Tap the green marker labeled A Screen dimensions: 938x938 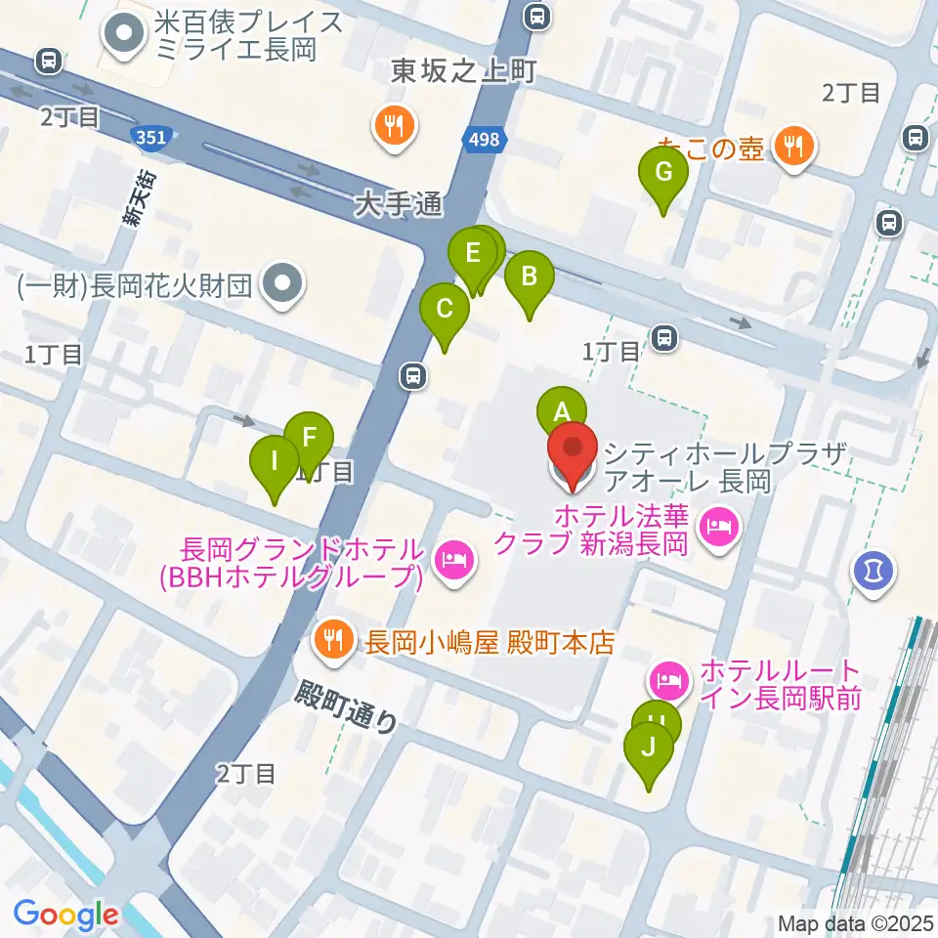(561, 412)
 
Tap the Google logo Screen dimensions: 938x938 (65, 916)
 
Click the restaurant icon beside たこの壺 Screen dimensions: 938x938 (792, 147)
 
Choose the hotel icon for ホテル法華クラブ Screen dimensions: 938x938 (719, 529)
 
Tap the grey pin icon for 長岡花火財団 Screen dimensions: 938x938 (283, 285)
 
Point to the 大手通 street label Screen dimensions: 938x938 (399, 205)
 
